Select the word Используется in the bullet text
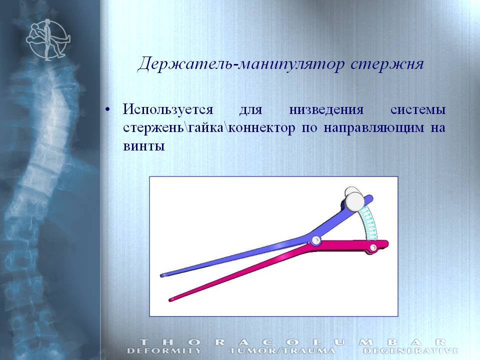pyautogui.click(x=168, y=110)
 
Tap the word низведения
pyautogui.click(x=326, y=109)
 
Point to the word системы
pyautogui.click(x=418, y=110)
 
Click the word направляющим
pyautogui.click(x=374, y=128)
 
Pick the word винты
pyautogui.click(x=144, y=146)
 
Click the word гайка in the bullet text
pyautogui.click(x=205, y=128)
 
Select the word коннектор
pyautogui.click(x=261, y=128)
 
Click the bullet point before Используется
pyautogui.click(x=107, y=109)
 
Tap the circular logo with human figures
pyautogui.click(x=48, y=39)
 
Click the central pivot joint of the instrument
pyautogui.click(x=316, y=239)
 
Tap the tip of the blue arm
pyautogui.click(x=162, y=275)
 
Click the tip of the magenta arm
pyautogui.click(x=170, y=299)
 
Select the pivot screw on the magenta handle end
pyautogui.click(x=373, y=247)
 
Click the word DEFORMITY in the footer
pyautogui.click(x=164, y=350)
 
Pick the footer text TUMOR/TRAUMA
pyautogui.click(x=282, y=350)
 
